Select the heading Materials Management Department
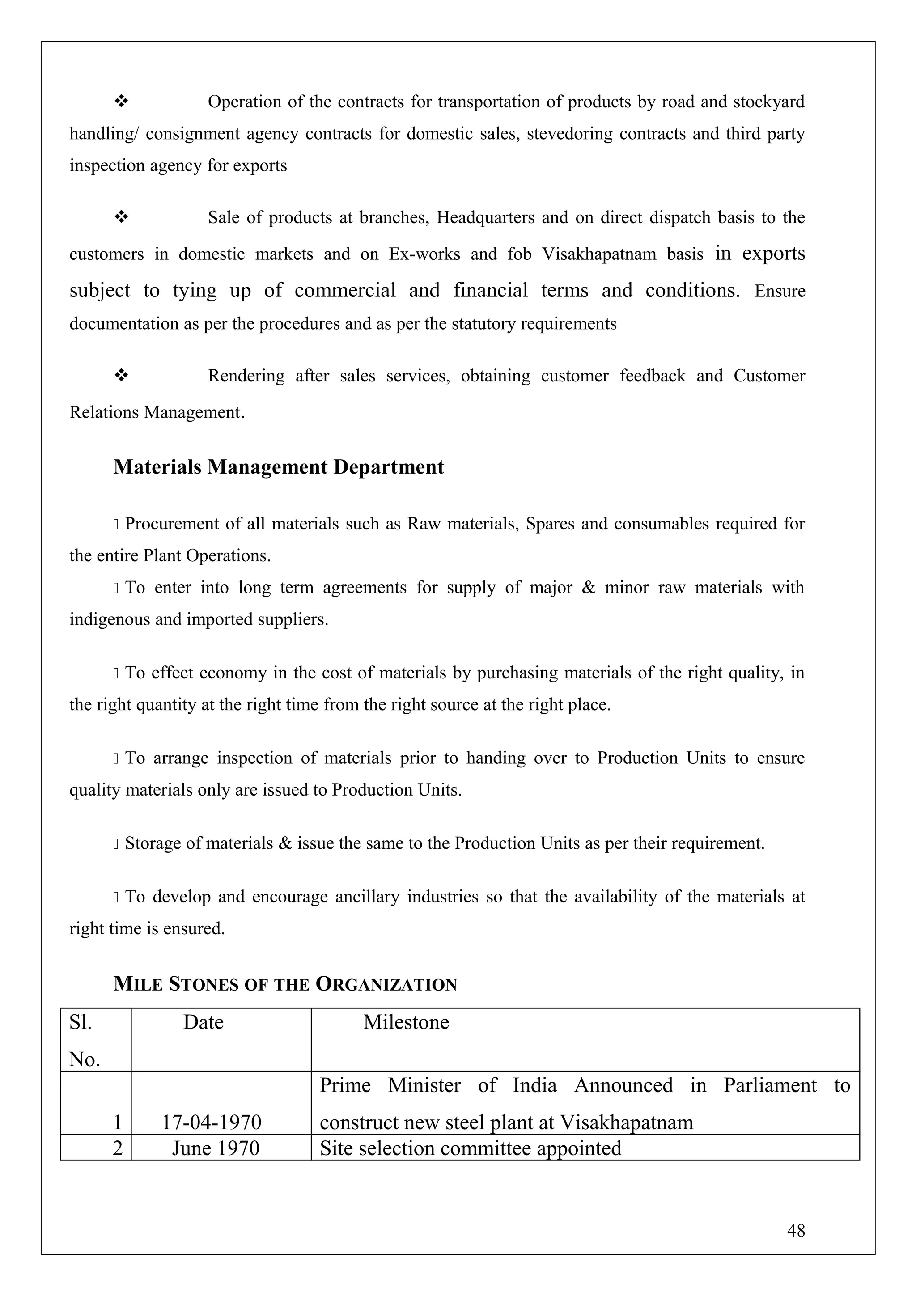pos(278,467)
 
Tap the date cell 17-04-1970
pos(212,1122)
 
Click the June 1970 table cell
pos(216,1148)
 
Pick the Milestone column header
pos(406,1022)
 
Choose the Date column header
pos(203,1022)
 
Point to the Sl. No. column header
pos(84,1040)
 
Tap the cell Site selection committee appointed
pos(470,1148)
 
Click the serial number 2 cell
pos(117,1148)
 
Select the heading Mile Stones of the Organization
pos(285,984)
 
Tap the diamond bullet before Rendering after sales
pos(121,375)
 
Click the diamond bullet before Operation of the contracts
pos(121,101)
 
